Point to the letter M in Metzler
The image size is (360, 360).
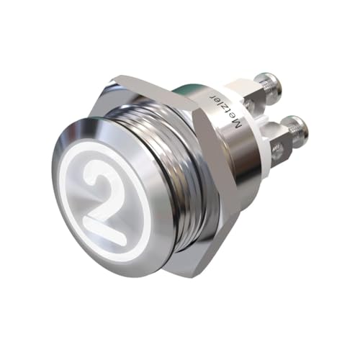[x=236, y=125]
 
